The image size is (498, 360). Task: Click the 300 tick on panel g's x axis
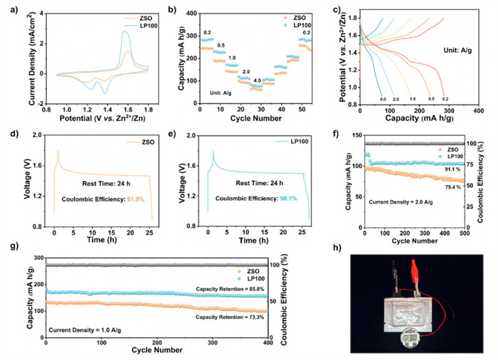tap(212, 343)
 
